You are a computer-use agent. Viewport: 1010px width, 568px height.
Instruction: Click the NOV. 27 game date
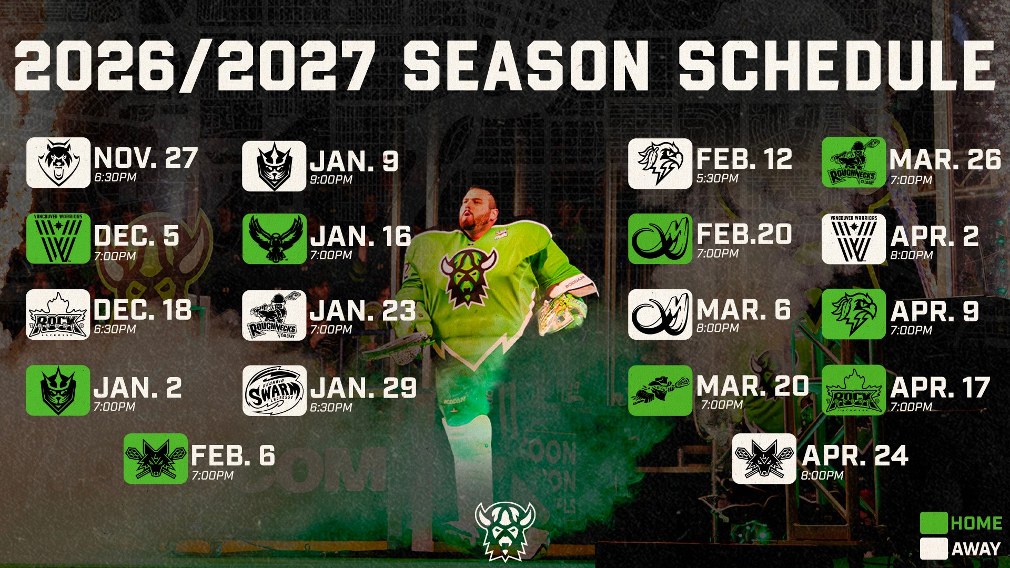pyautogui.click(x=146, y=158)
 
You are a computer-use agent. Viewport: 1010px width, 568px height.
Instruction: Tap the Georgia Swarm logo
pyautogui.click(x=274, y=391)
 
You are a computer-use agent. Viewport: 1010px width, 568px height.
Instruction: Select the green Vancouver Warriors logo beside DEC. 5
pyautogui.click(x=58, y=238)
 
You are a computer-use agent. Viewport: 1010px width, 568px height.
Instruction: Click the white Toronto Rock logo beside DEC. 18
pyautogui.click(x=58, y=315)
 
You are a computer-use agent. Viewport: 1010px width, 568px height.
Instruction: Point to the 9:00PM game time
pyautogui.click(x=331, y=179)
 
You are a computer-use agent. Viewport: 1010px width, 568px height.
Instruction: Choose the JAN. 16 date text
pyautogui.click(x=361, y=237)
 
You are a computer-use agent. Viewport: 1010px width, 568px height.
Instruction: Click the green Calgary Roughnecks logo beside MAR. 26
pyautogui.click(x=854, y=163)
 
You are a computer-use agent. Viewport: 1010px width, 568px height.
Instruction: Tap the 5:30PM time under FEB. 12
pyautogui.click(x=718, y=178)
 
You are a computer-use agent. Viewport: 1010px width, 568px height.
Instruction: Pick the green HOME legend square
pyautogui.click(x=934, y=523)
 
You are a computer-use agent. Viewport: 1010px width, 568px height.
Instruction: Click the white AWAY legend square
pyautogui.click(x=934, y=549)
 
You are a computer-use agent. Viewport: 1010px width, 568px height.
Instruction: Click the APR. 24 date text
pyautogui.click(x=855, y=455)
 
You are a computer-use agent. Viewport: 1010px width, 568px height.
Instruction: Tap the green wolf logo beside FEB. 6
pyautogui.click(x=156, y=459)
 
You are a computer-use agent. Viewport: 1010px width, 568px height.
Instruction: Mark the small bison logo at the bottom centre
pyautogui.click(x=505, y=531)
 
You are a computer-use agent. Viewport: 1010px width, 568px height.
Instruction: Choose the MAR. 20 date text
pyautogui.click(x=753, y=386)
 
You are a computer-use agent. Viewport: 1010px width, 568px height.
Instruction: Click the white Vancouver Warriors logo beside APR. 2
pyautogui.click(x=854, y=239)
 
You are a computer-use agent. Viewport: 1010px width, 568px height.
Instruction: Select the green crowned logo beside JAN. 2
pyautogui.click(x=58, y=390)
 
